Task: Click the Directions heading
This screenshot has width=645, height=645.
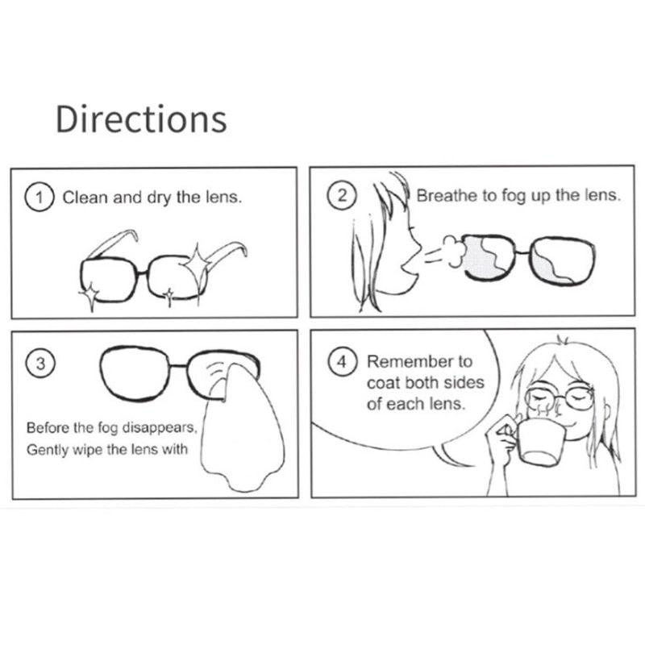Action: coord(141,119)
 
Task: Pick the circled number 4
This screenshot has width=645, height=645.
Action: coord(343,362)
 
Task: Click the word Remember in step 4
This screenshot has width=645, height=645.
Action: coord(403,362)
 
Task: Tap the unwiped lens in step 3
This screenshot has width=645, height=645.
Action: coord(138,373)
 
